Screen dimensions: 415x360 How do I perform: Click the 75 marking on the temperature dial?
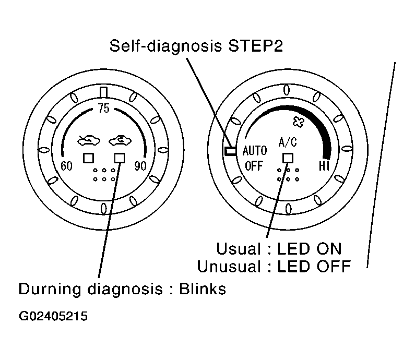[103, 108]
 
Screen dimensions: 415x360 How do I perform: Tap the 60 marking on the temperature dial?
[66, 166]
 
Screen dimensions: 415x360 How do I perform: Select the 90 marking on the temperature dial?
[140, 166]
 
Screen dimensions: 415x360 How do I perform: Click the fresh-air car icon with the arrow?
[89, 140]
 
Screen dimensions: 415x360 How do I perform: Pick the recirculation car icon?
[120, 140]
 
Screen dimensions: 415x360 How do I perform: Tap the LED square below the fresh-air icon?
[88, 158]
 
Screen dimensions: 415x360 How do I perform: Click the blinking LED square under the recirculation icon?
[120, 158]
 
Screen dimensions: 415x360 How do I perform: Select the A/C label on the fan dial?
[288, 142]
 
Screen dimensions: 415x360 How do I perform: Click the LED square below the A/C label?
[288, 158]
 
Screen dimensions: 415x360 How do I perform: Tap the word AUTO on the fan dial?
[255, 151]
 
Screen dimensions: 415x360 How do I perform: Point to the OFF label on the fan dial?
[254, 166]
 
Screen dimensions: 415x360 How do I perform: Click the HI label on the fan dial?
[324, 166]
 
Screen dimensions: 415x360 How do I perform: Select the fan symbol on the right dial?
[298, 122]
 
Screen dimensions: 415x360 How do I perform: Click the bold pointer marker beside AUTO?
[230, 151]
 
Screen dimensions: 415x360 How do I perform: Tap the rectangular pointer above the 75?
[103, 92]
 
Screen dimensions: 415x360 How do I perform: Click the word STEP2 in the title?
[255, 46]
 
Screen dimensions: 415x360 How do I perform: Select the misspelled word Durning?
[50, 289]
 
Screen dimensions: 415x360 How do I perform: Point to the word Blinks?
[203, 289]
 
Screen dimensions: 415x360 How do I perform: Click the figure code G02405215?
[53, 316]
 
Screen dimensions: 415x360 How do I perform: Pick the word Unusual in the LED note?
[229, 267]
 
